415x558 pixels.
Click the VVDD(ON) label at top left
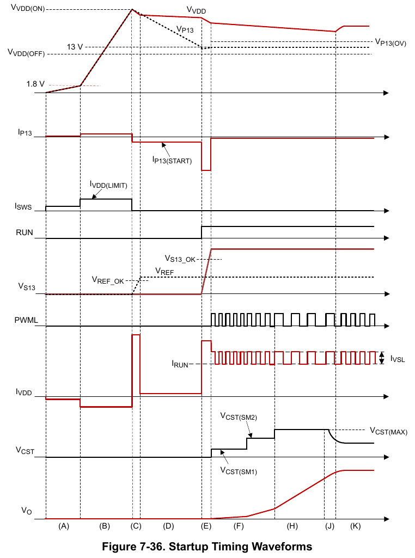tap(28, 8)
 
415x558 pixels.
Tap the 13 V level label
tap(75, 47)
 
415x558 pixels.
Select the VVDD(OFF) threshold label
tap(26, 53)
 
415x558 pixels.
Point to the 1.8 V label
tap(35, 84)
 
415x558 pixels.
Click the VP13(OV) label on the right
tap(390, 42)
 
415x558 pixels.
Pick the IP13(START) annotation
tap(172, 161)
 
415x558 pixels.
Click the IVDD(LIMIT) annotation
tap(108, 185)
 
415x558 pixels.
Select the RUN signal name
tap(24, 232)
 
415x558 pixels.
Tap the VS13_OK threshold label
tap(180, 259)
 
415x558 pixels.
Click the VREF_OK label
tap(108, 280)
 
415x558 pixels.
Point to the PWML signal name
tap(26, 320)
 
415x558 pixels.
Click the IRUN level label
tap(180, 364)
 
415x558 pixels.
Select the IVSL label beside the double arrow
tap(398, 359)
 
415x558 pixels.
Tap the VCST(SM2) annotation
tap(239, 416)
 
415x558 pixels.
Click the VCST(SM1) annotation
tap(239, 471)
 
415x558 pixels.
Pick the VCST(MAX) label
tap(389, 431)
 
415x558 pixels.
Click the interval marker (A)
tap(63, 526)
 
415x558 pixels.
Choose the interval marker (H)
tap(292, 526)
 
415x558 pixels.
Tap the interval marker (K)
tap(355, 526)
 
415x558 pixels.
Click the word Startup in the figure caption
tap(189, 547)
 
